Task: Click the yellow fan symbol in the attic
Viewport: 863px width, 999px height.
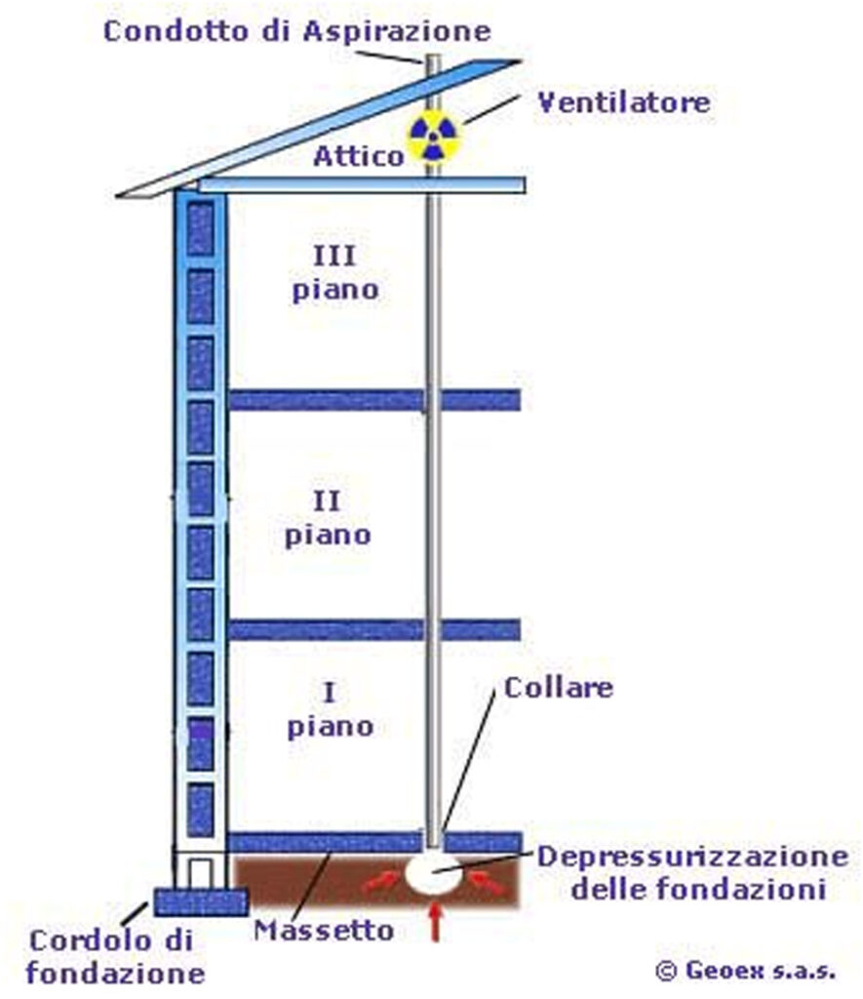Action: coord(431,140)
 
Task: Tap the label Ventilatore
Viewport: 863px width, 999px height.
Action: coord(624,101)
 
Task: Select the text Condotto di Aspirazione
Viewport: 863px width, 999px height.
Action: coord(296,30)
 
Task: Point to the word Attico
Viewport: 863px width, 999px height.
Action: coord(358,156)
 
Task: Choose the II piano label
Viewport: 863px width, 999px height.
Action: coord(328,518)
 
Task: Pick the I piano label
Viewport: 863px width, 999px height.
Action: coord(330,710)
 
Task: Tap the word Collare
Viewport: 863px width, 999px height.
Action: coord(558,687)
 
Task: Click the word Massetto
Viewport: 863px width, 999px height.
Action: coord(324,930)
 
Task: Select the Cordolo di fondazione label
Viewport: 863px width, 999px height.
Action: coord(115,956)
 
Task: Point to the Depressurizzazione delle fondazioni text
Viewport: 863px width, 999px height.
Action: coord(693,872)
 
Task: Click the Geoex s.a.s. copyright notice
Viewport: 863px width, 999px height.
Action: coord(746,970)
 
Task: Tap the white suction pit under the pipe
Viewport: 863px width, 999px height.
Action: coord(433,872)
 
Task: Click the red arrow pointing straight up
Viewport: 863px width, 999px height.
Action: coord(434,923)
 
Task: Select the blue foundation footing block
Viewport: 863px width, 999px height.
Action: coord(201,899)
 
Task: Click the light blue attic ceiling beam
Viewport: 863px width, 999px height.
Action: coord(361,184)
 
